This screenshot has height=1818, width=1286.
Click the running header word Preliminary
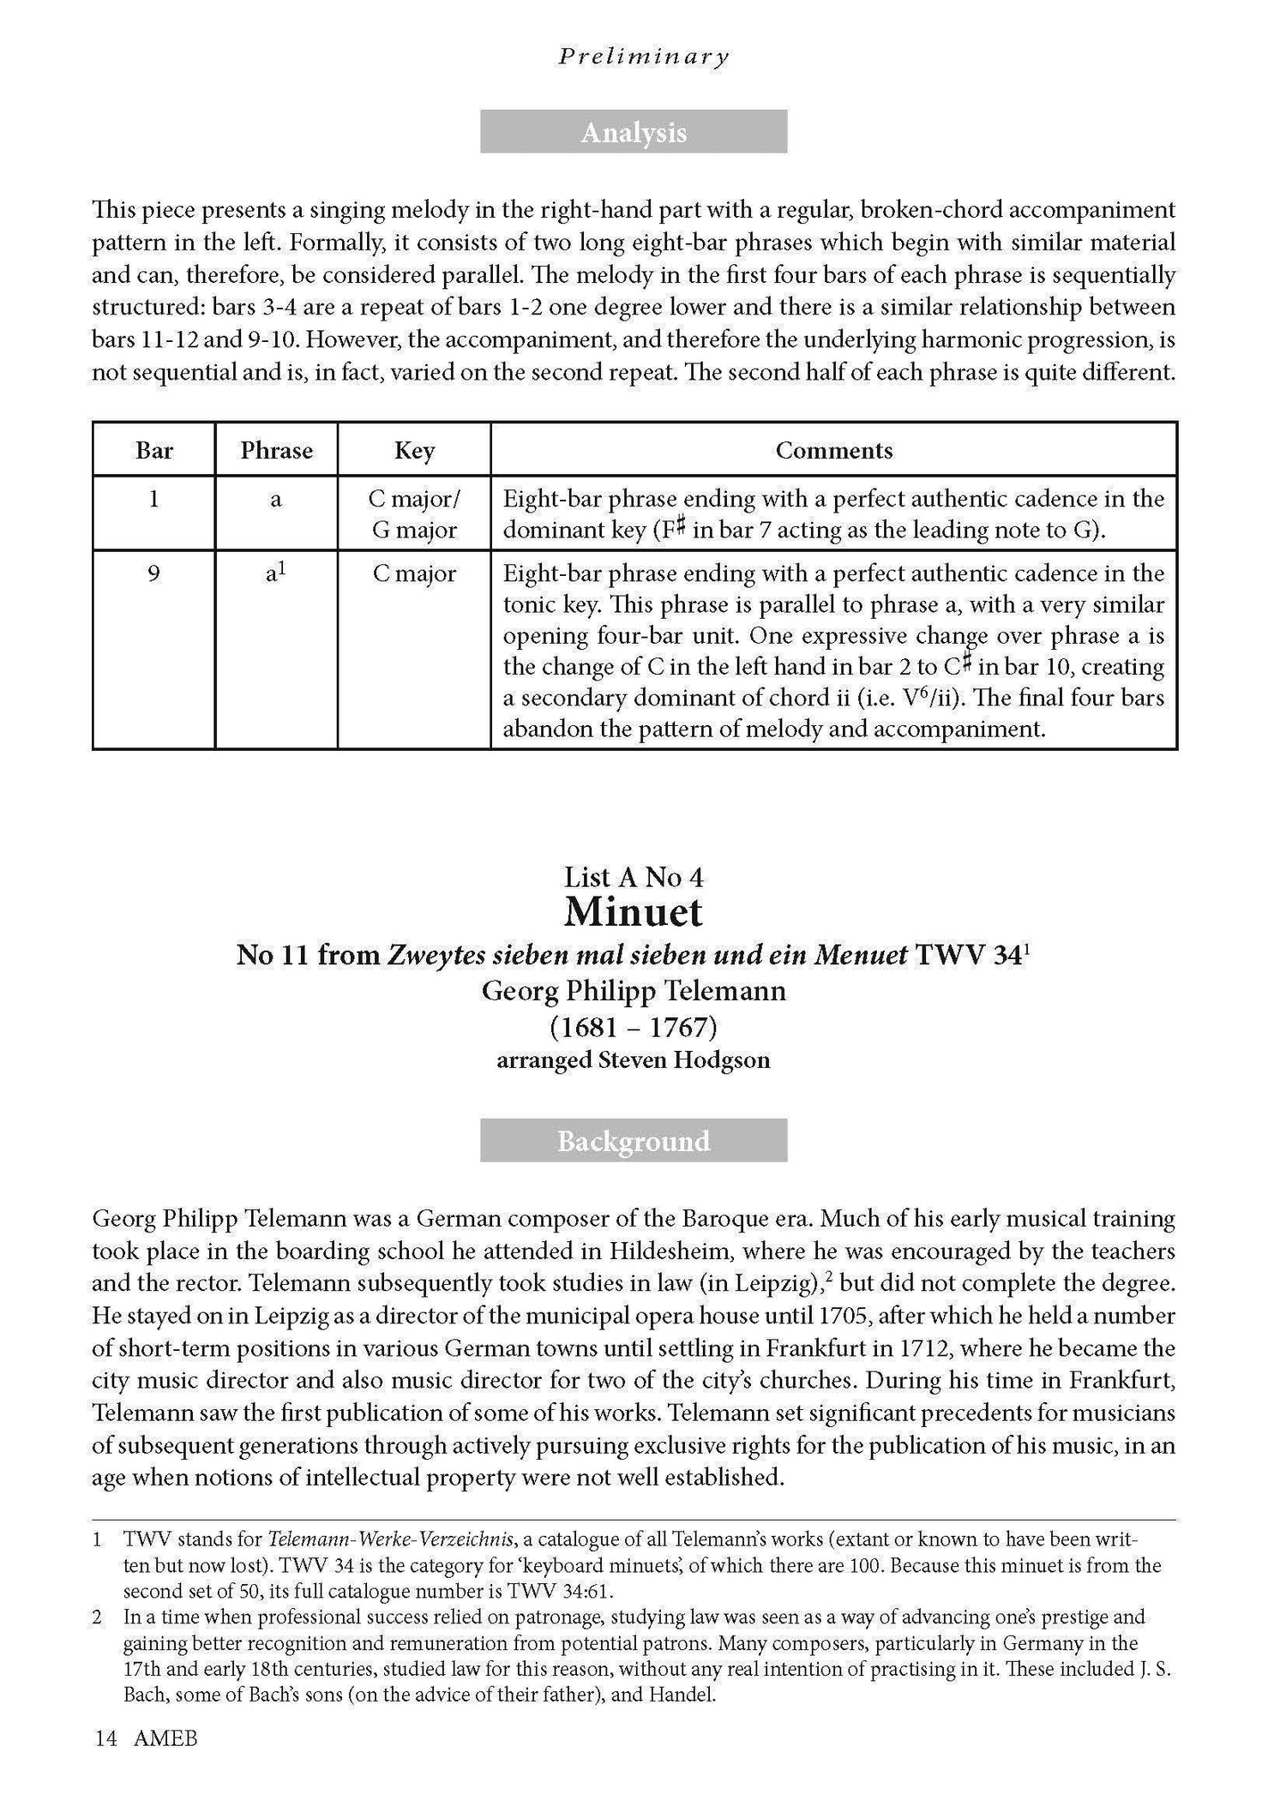643,57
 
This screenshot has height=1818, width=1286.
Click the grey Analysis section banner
634,132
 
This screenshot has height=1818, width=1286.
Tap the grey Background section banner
634,1141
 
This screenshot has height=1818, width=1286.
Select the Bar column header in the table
154,450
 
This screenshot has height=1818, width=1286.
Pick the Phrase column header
276,450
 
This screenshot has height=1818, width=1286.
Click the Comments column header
833,450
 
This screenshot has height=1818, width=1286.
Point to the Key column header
414,450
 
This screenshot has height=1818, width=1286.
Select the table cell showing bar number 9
154,573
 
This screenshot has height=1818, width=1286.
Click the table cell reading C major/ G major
414,514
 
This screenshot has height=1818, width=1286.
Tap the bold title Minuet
634,913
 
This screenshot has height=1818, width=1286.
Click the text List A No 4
634,877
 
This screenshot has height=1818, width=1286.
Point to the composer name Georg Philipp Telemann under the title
634,991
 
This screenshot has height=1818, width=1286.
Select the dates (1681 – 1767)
634,1026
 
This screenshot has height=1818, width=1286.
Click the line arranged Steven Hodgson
634,1060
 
